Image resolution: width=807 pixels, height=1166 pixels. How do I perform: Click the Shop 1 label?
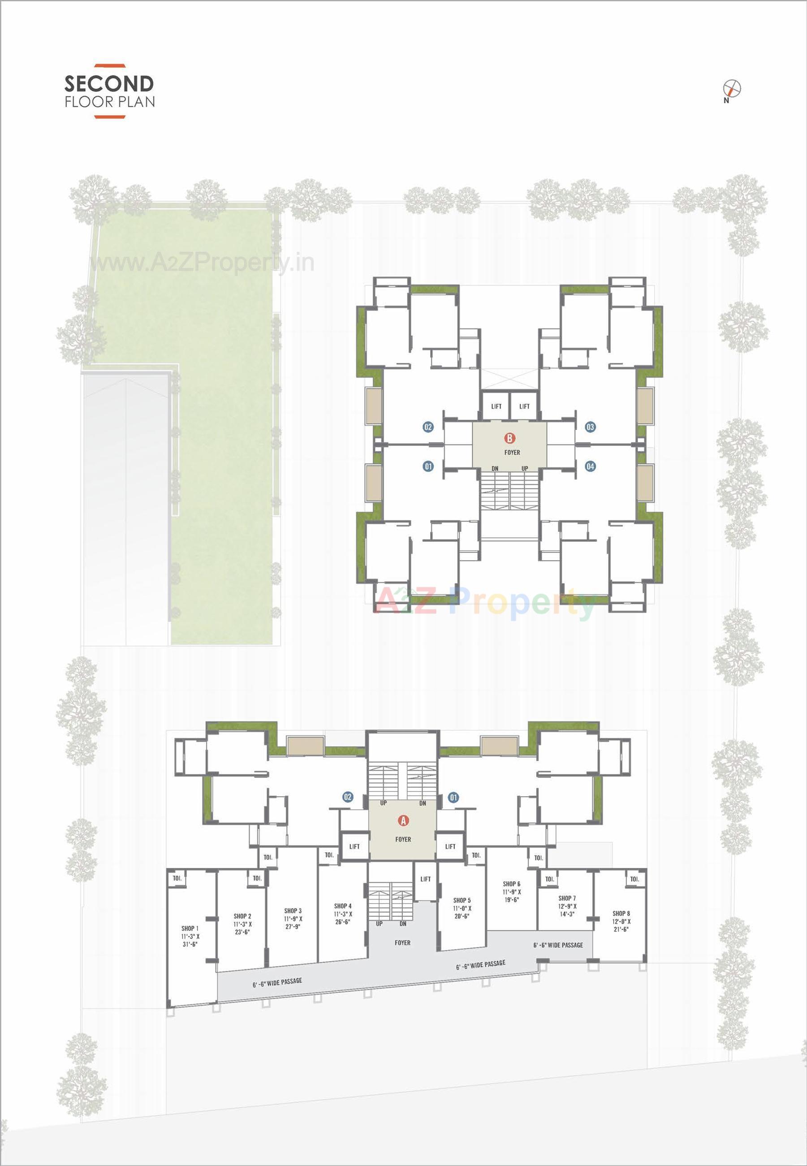(190, 928)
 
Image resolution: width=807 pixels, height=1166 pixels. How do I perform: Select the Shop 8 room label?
(621, 913)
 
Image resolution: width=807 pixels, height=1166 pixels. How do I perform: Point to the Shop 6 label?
(512, 884)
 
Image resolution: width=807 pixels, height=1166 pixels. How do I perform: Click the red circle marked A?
(403, 821)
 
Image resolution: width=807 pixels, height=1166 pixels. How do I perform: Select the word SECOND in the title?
(109, 83)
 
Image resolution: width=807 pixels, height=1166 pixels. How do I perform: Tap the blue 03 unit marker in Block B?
(590, 427)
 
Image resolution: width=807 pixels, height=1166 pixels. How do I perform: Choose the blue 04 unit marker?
(590, 466)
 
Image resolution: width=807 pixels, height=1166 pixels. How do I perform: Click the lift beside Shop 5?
(426, 879)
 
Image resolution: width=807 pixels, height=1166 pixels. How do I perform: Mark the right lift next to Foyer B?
(524, 406)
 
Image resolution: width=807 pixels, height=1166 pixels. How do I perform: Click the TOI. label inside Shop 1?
(177, 878)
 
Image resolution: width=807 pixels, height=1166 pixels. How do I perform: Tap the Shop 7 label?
(567, 898)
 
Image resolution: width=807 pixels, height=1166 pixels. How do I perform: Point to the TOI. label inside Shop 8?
(634, 879)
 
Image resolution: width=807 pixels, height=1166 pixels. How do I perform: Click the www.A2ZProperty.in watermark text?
(202, 263)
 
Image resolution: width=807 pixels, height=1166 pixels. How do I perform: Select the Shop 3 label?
(293, 911)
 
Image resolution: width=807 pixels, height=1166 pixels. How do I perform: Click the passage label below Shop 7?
(558, 945)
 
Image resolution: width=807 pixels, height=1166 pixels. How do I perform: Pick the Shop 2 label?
(242, 916)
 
